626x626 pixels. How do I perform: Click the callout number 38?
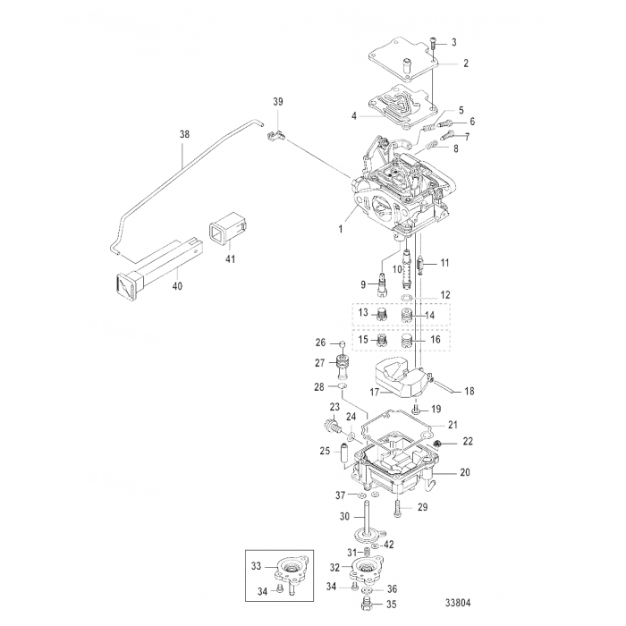click(x=185, y=134)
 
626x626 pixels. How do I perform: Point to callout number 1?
click(x=339, y=228)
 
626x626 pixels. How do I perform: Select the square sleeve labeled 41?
click(x=220, y=233)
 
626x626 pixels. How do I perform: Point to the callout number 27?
click(x=319, y=363)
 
